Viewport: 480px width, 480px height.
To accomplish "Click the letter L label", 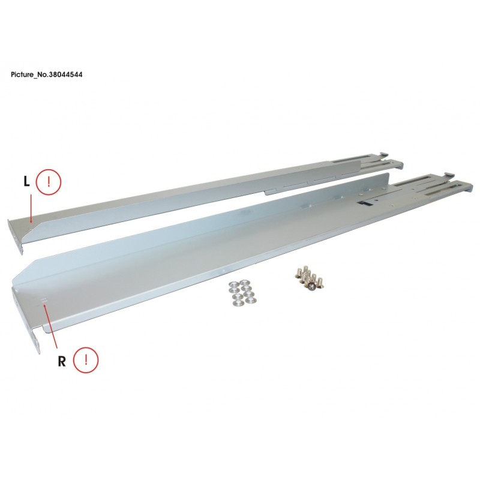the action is (x=27, y=182).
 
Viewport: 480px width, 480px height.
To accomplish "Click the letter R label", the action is (x=62, y=362).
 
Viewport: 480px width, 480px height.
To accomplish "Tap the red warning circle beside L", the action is (x=49, y=182).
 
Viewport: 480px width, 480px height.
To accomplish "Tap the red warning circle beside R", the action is (x=86, y=360).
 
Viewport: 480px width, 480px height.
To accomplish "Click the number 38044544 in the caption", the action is (x=65, y=74).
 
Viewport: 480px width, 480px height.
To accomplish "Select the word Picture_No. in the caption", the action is (x=29, y=74).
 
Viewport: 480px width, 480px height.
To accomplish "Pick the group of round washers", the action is (x=243, y=293).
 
